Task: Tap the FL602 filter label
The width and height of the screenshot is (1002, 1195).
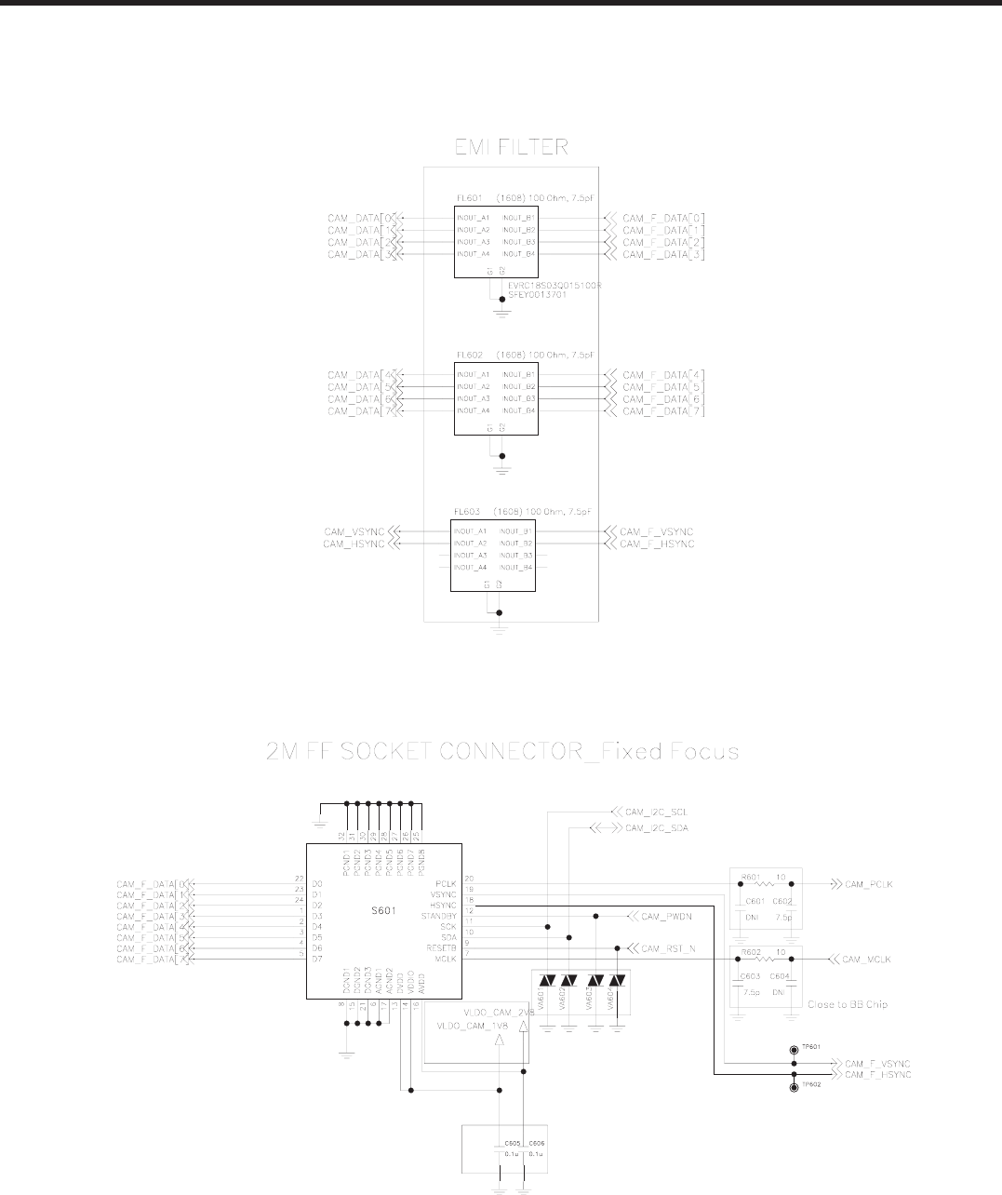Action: click(466, 356)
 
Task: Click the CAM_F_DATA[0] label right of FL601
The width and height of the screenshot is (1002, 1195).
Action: click(662, 218)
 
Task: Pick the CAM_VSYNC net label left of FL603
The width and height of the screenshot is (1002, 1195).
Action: click(354, 531)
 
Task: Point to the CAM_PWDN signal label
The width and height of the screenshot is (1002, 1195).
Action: click(666, 916)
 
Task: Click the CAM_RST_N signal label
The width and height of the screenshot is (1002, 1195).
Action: click(669, 948)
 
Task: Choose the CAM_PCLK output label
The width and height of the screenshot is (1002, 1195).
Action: click(867, 883)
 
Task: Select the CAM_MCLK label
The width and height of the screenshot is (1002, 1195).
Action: click(866, 960)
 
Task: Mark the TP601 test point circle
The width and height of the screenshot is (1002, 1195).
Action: click(794, 1048)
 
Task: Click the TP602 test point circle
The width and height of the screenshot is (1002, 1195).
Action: click(794, 1087)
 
